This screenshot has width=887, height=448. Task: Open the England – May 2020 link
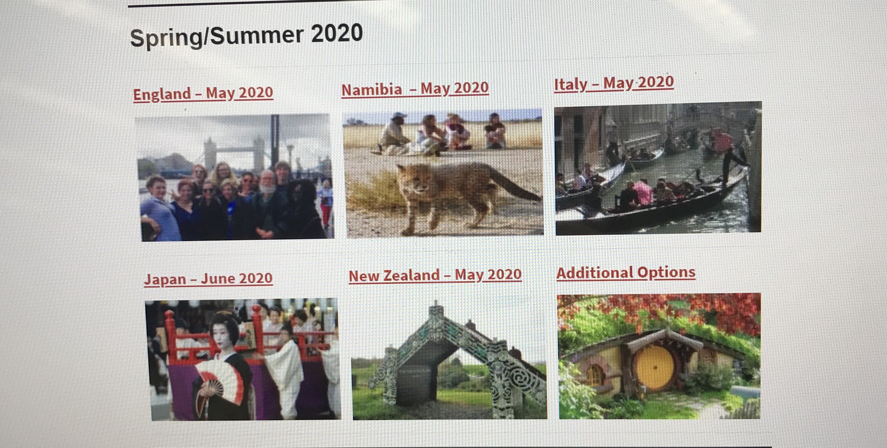203,94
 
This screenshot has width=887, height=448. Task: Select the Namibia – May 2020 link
415,89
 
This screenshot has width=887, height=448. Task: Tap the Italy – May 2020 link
614,84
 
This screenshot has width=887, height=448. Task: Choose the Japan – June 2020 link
208,279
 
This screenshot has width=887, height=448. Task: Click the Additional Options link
626,273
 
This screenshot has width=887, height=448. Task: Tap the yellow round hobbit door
653,368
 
